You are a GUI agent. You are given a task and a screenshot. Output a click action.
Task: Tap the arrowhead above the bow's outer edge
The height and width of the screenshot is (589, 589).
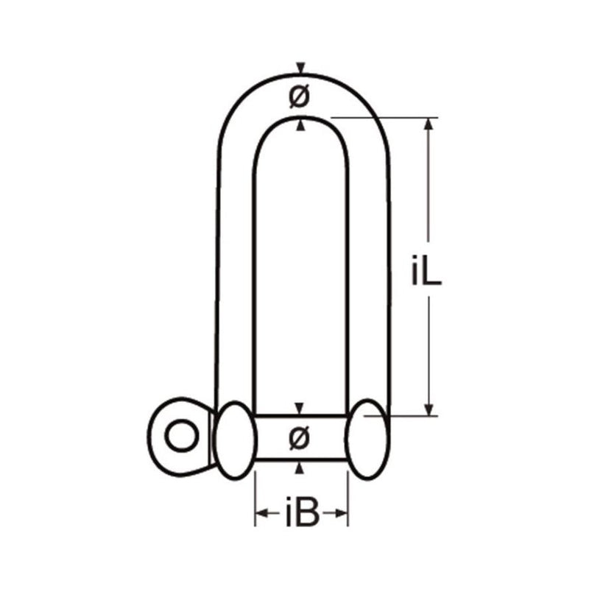(299, 69)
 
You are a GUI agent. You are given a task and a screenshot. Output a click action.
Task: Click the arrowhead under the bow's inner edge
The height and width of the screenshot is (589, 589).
(299, 125)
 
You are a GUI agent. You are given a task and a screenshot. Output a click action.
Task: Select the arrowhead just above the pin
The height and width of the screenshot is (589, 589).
(299, 409)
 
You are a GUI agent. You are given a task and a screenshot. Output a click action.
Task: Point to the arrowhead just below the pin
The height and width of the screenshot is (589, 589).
(299, 468)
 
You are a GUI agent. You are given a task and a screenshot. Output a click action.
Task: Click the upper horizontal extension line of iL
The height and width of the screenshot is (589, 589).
(383, 117)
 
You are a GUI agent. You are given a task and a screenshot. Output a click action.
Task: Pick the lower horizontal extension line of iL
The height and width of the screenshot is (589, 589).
(409, 415)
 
